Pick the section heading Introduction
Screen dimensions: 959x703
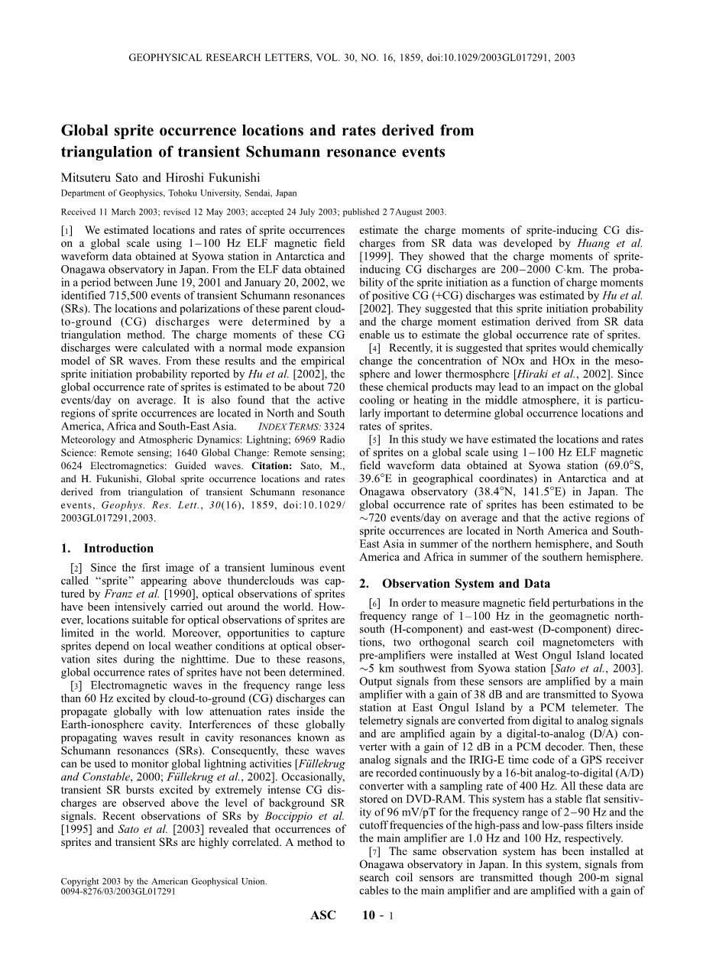coord(118,548)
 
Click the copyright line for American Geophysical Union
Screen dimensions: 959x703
coord(164,881)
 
